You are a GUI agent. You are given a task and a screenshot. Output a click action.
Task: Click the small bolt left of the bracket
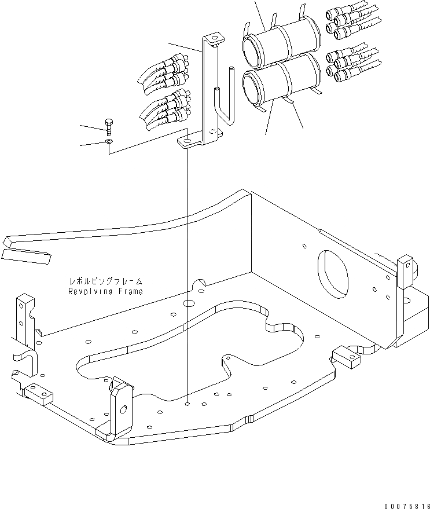(109, 126)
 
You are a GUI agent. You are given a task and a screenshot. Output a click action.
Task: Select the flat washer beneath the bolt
(109, 141)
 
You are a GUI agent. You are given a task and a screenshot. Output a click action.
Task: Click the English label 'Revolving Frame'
(104, 291)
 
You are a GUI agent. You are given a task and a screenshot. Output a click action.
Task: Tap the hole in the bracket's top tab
(215, 39)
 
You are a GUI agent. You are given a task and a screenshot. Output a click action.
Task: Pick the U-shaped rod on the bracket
(223, 104)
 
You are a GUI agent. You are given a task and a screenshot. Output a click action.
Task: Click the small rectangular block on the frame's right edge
(347, 358)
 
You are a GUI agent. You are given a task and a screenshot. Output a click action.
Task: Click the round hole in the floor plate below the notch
(189, 303)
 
